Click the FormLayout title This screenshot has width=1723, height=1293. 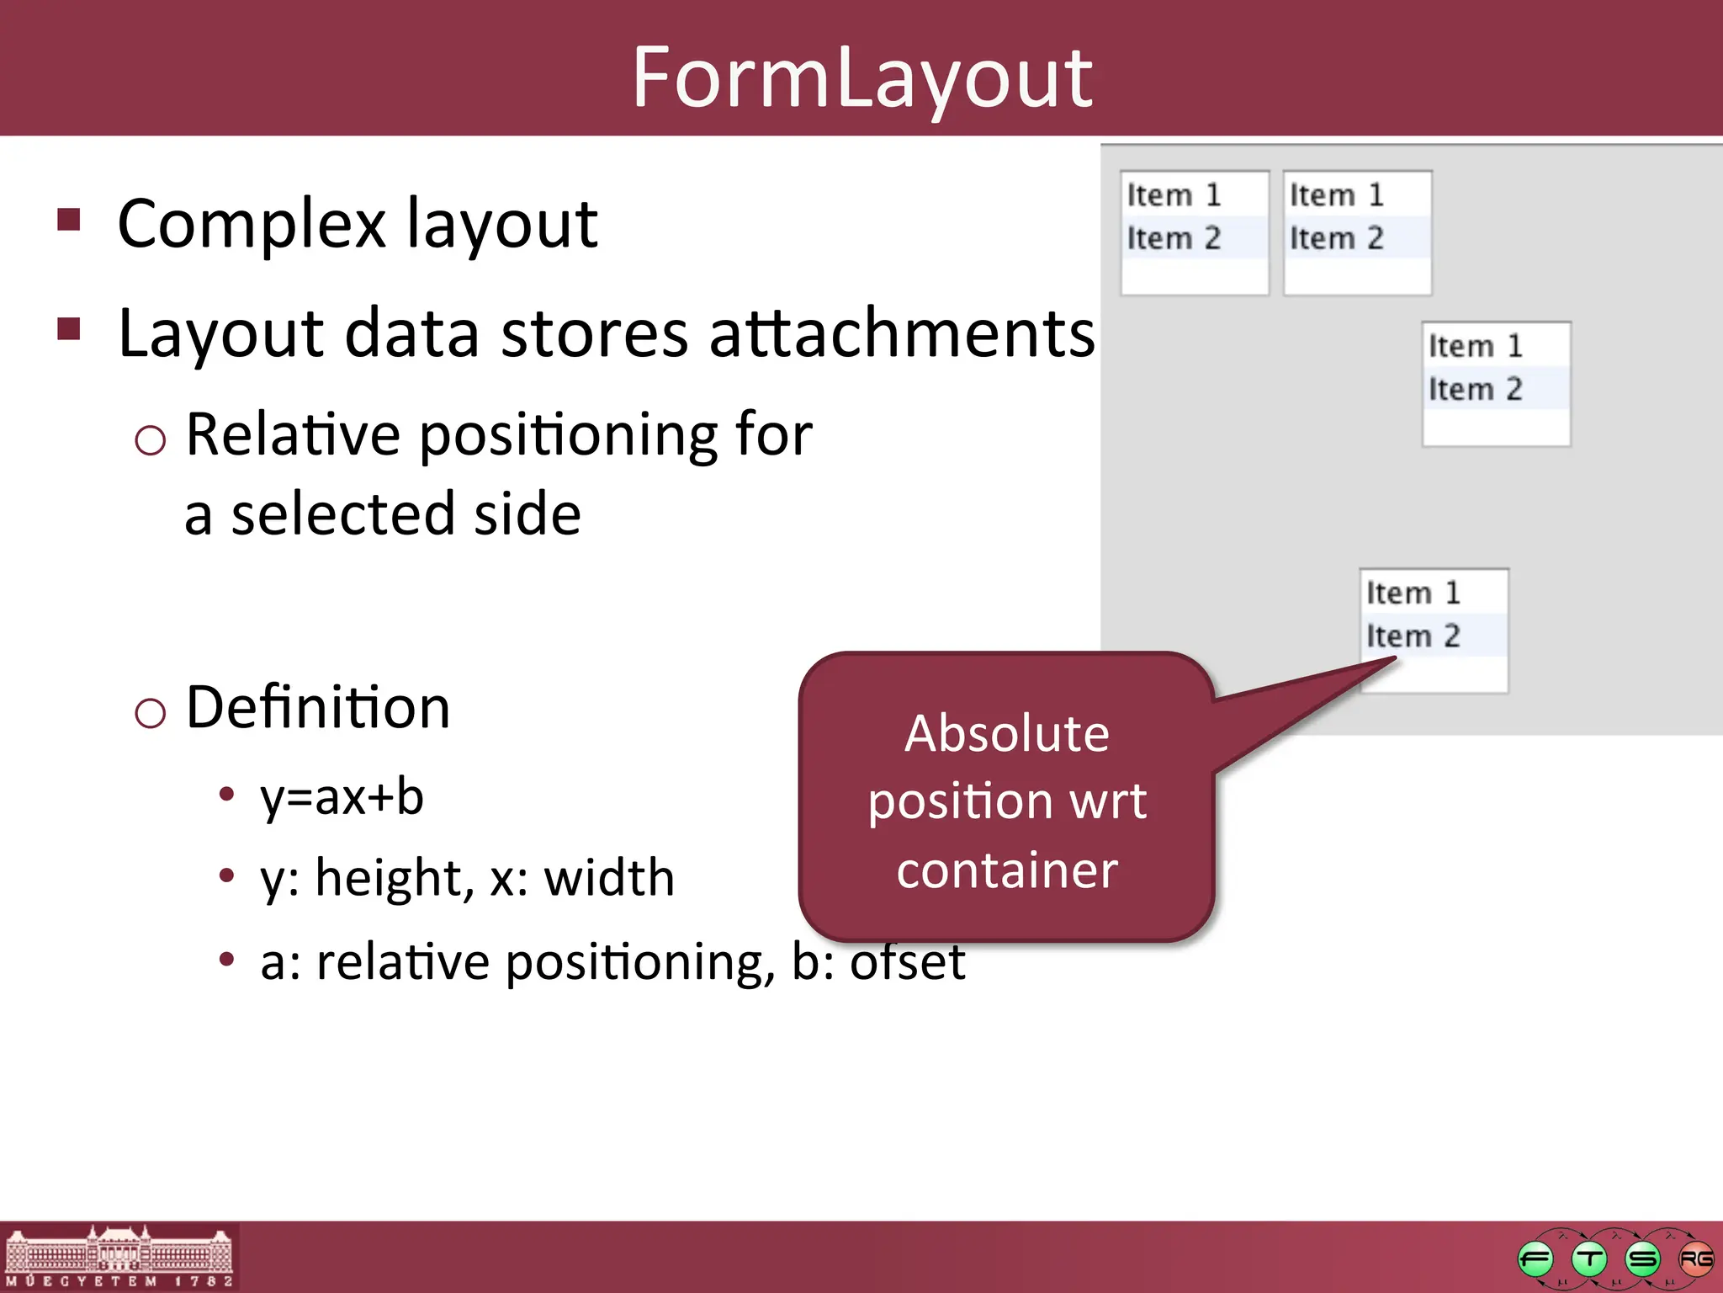click(861, 77)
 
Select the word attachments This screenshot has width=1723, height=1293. click(902, 333)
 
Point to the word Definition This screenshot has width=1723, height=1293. click(318, 707)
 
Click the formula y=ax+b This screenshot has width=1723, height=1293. click(342, 796)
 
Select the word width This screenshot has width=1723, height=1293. click(609, 878)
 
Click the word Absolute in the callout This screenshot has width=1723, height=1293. click(1007, 733)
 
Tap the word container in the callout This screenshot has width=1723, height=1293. click(1007, 870)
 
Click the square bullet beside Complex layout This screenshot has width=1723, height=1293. click(69, 220)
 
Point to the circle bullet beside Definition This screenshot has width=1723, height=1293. click(150, 714)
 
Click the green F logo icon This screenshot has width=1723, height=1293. click(1535, 1259)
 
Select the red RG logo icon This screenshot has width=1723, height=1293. click(1695, 1259)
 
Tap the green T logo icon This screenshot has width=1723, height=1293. click(1588, 1259)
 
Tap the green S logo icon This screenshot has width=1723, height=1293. click(1642, 1259)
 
